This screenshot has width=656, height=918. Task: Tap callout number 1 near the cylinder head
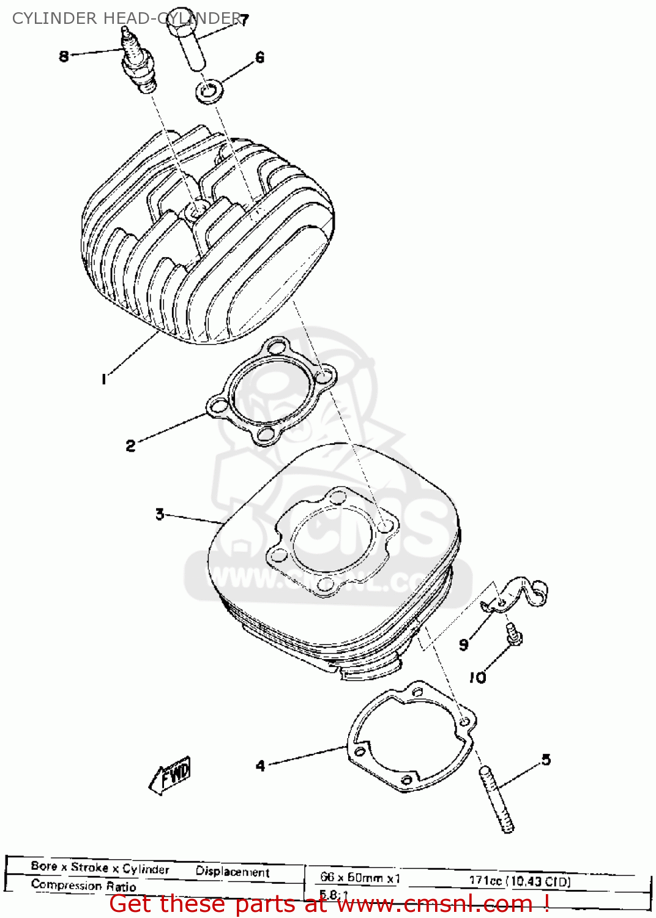tap(104, 380)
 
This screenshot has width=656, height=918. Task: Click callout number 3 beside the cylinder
tap(160, 514)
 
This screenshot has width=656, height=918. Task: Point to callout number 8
tap(64, 56)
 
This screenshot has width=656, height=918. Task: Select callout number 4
tap(261, 766)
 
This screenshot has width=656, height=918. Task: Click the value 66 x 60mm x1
tap(360, 878)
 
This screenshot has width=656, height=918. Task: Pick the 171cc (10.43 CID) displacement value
tap(520, 881)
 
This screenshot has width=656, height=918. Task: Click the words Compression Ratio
tap(84, 886)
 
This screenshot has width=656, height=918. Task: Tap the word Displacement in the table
tap(233, 871)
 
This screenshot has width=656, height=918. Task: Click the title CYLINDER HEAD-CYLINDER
tap(126, 18)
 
